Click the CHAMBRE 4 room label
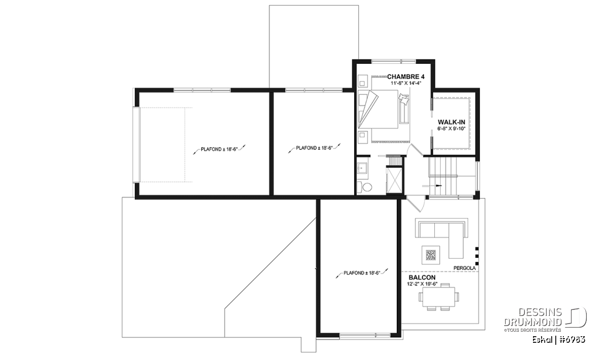(x=406, y=77)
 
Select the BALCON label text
(x=422, y=277)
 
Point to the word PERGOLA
(x=465, y=268)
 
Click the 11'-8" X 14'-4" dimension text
(x=406, y=83)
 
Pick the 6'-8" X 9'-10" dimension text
(x=451, y=129)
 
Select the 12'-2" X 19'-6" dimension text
(x=422, y=284)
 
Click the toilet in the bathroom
(x=364, y=187)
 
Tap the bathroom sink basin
(x=362, y=168)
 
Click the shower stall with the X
(x=394, y=180)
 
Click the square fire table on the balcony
(x=431, y=255)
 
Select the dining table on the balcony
(x=439, y=297)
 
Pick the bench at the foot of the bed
(x=404, y=109)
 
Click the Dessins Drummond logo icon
(x=576, y=317)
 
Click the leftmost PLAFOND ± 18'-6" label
(x=219, y=149)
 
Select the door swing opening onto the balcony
(x=415, y=204)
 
